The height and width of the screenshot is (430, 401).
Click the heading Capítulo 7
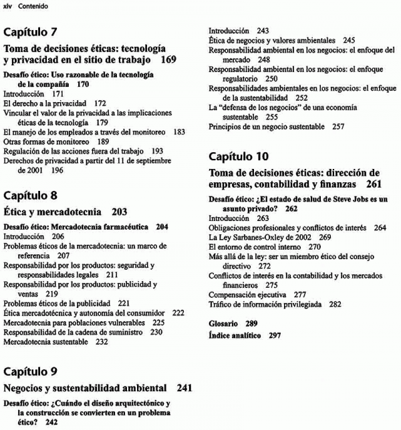click(x=31, y=32)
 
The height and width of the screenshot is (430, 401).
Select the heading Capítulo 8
click(x=31, y=196)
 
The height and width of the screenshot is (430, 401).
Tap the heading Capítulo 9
click(x=31, y=371)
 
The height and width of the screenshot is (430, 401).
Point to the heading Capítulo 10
click(x=239, y=157)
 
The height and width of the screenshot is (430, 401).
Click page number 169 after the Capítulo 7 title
click(x=168, y=60)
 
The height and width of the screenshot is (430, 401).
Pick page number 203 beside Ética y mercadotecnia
click(x=119, y=212)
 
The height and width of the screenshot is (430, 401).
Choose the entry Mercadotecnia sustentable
click(x=46, y=342)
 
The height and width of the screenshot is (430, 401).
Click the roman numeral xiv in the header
click(x=8, y=6)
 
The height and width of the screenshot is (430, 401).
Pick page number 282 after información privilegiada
click(x=335, y=304)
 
